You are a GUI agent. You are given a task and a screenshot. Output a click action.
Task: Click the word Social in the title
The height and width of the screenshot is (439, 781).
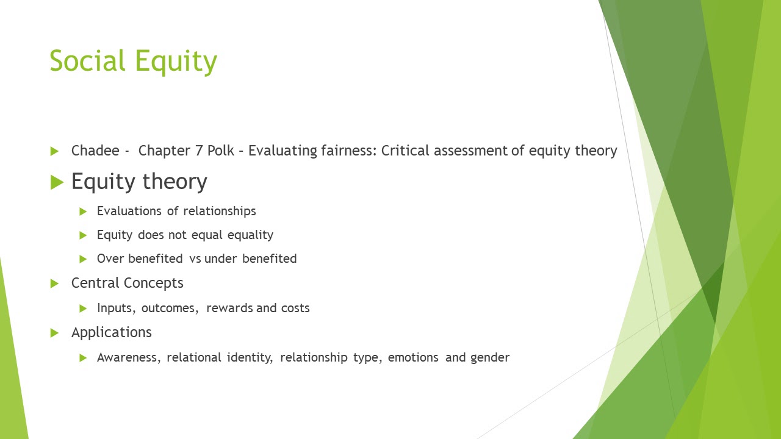coord(87,61)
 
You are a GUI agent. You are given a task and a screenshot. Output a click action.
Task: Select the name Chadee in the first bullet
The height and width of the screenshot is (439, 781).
coord(95,151)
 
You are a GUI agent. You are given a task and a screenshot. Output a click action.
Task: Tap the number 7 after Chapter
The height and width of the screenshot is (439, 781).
coord(199,151)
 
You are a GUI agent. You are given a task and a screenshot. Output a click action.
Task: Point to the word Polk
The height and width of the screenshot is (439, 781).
coord(221,151)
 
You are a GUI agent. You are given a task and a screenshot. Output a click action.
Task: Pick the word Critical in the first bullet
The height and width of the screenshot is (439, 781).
coord(405,151)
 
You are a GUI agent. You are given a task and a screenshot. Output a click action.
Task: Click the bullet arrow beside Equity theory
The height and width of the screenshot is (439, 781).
coord(57,182)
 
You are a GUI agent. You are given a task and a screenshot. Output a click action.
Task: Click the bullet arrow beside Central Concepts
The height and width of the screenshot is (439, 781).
coord(55,284)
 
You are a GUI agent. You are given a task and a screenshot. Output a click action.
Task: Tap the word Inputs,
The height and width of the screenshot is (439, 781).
coord(117,308)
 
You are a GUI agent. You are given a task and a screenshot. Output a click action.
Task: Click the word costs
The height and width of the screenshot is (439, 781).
coord(295,308)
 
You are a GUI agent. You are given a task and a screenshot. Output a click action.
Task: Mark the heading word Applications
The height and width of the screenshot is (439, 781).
coord(112,332)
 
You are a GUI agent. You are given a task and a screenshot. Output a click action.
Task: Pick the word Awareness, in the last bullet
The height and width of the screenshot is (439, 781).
coord(129,357)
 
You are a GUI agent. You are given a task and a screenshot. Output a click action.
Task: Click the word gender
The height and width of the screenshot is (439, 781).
coord(490,358)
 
